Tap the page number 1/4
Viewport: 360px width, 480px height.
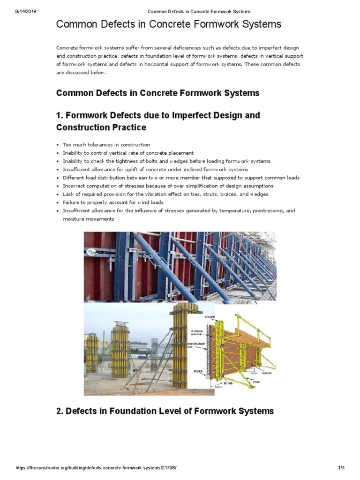point(341,468)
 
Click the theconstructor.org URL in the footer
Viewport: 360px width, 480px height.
point(96,468)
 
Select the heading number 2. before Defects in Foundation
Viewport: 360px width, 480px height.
point(60,411)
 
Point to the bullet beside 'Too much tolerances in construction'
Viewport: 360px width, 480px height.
point(58,145)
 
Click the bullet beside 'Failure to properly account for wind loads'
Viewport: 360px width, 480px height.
point(58,202)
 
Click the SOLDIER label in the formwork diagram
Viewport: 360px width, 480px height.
point(209,317)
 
